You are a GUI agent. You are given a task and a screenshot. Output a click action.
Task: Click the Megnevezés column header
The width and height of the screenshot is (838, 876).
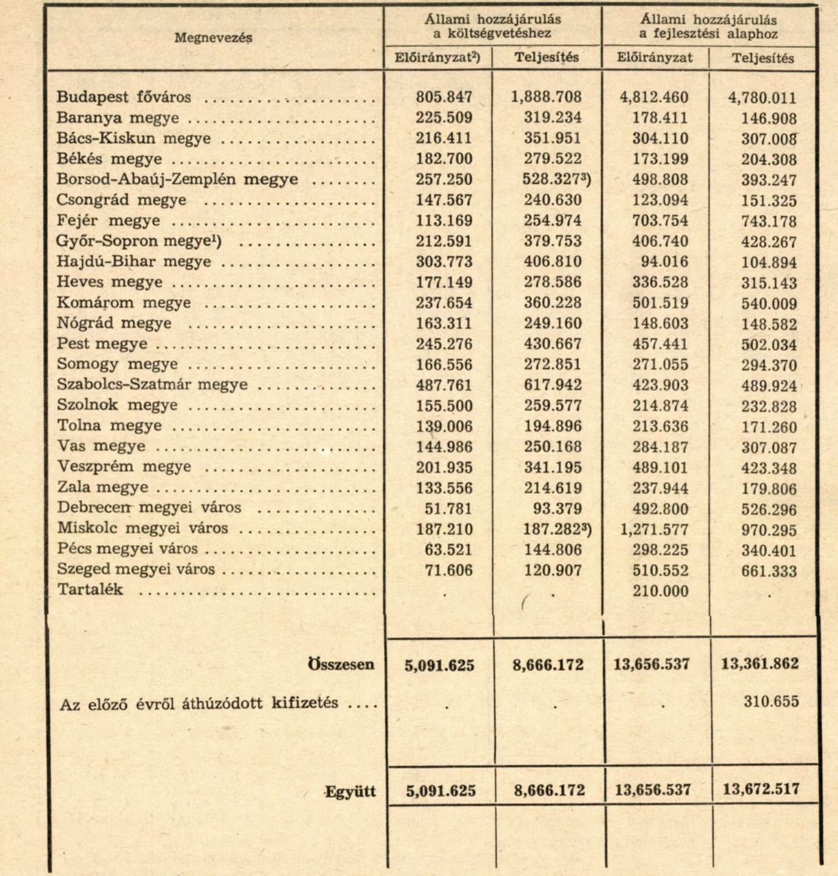pyautogui.click(x=213, y=38)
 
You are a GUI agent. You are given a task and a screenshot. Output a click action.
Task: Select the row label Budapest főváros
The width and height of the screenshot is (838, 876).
pyautogui.click(x=124, y=97)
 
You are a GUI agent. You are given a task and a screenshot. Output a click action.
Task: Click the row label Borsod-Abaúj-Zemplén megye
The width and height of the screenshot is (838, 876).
pyautogui.click(x=177, y=179)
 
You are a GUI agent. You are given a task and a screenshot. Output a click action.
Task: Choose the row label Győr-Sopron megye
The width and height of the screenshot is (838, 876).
pyautogui.click(x=139, y=241)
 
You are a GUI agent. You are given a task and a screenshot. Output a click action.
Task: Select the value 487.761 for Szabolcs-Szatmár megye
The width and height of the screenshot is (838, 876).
pyautogui.click(x=444, y=385)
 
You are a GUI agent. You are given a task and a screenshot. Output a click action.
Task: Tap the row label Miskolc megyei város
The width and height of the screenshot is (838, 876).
pyautogui.click(x=142, y=528)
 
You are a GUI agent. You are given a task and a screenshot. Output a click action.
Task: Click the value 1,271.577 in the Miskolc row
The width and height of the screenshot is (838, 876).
pyautogui.click(x=654, y=529)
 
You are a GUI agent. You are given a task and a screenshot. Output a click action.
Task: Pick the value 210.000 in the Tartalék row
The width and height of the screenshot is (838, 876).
pyautogui.click(x=660, y=591)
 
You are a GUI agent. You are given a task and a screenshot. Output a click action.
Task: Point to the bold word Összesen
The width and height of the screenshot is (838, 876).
pyautogui.click(x=341, y=664)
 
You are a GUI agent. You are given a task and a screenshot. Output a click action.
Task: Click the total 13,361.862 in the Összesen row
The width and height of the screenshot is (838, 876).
pyautogui.click(x=760, y=663)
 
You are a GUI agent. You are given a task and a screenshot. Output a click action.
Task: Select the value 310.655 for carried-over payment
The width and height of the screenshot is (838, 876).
pyautogui.click(x=771, y=702)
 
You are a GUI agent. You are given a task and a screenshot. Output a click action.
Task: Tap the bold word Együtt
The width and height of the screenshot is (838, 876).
pyautogui.click(x=350, y=791)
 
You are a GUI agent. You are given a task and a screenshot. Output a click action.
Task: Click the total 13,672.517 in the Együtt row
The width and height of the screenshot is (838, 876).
pyautogui.click(x=760, y=789)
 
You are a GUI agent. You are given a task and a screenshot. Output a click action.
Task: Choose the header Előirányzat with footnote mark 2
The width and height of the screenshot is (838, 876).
pyautogui.click(x=437, y=58)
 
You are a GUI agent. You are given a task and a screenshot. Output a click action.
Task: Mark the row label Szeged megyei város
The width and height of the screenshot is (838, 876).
pyautogui.click(x=136, y=569)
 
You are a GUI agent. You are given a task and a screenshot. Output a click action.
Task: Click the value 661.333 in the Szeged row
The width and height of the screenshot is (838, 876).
pyautogui.click(x=769, y=571)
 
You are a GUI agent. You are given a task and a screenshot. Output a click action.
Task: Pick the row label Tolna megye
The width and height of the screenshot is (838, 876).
pyautogui.click(x=109, y=425)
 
